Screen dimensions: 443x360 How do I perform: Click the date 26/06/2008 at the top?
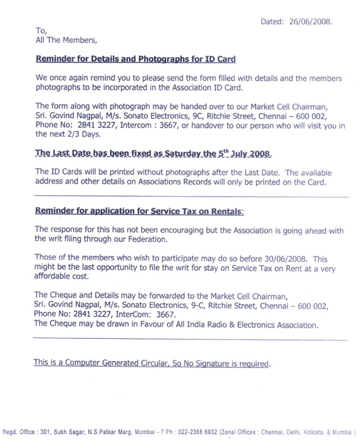310,22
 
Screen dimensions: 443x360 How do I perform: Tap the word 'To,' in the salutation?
41,31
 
